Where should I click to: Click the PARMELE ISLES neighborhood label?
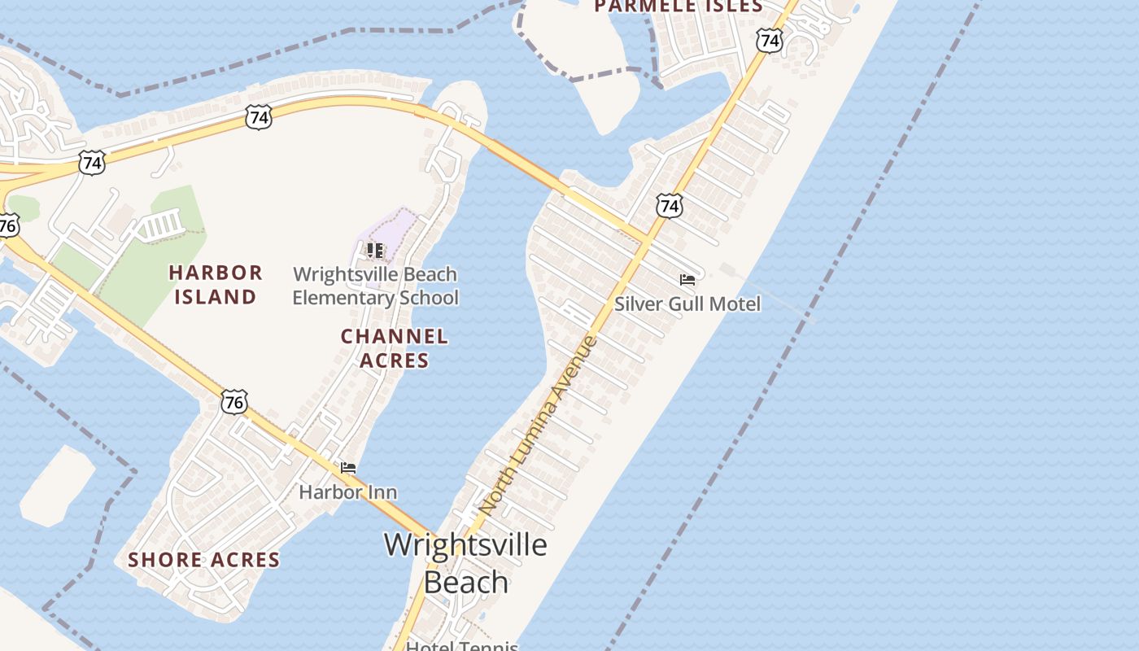click(678, 7)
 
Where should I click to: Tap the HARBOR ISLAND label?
click(216, 284)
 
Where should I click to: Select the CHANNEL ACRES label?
click(394, 347)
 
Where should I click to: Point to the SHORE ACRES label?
click(203, 560)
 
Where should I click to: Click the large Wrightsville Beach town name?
click(465, 562)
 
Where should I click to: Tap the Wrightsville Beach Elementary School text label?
click(375, 286)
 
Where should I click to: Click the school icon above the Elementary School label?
click(375, 250)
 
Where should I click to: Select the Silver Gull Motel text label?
click(687, 304)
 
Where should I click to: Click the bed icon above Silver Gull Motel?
click(687, 280)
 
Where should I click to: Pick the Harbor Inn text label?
click(348, 492)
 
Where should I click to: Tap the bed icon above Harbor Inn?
click(348, 468)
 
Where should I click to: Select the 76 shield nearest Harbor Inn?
click(233, 401)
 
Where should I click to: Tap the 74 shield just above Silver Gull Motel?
click(669, 206)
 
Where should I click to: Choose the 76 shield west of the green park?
click(7, 224)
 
